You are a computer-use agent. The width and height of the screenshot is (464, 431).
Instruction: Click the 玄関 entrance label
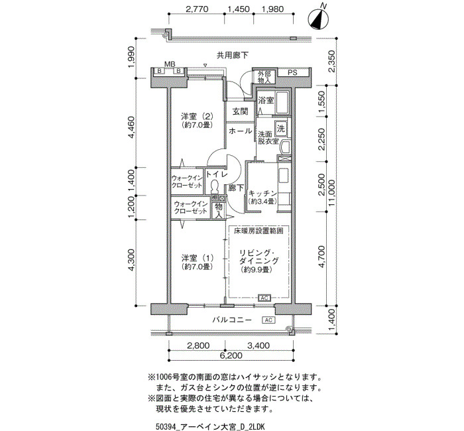pyautogui.click(x=240, y=111)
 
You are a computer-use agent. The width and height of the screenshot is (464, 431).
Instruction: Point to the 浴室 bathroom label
pyautogui.click(x=265, y=100)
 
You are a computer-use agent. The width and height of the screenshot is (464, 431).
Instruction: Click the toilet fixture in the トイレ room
pyautogui.click(x=214, y=186)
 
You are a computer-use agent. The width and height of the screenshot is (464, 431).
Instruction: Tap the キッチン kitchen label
pyautogui.click(x=262, y=194)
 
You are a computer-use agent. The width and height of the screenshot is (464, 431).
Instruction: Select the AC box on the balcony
pyautogui.click(x=268, y=320)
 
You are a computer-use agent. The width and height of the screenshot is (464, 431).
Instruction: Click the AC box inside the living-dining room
pyautogui.click(x=264, y=298)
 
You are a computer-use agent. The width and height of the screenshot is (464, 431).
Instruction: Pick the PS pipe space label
pyautogui.click(x=292, y=72)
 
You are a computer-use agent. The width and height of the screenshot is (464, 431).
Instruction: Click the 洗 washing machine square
pyautogui.click(x=280, y=129)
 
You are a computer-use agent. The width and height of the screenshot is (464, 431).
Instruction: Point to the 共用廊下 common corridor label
pyautogui.click(x=233, y=55)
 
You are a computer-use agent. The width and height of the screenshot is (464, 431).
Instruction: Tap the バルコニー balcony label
pyautogui.click(x=232, y=320)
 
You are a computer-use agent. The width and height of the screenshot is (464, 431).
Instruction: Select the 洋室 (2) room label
pyautogui.click(x=197, y=116)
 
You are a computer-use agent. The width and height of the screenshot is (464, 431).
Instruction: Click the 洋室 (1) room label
pyautogui.click(x=197, y=258)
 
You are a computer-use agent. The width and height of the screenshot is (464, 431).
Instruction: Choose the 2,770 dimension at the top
pyautogui.click(x=197, y=9)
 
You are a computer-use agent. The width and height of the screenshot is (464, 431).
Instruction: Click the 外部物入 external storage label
pyautogui.click(x=264, y=77)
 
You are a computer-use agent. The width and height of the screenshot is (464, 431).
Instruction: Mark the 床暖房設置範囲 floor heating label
pyautogui.click(x=259, y=231)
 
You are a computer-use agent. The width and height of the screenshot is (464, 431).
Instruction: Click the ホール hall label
pyautogui.click(x=240, y=131)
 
